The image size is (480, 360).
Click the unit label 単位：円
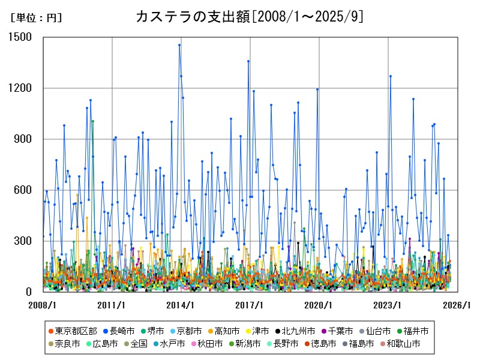(36, 18)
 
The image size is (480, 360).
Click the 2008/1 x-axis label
(43, 305)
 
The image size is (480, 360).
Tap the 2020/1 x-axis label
(319, 305)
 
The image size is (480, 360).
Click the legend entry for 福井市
(412, 331)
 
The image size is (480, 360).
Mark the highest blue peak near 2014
(179, 45)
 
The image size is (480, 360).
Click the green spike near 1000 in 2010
(92, 121)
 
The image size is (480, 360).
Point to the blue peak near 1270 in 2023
(390, 76)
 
